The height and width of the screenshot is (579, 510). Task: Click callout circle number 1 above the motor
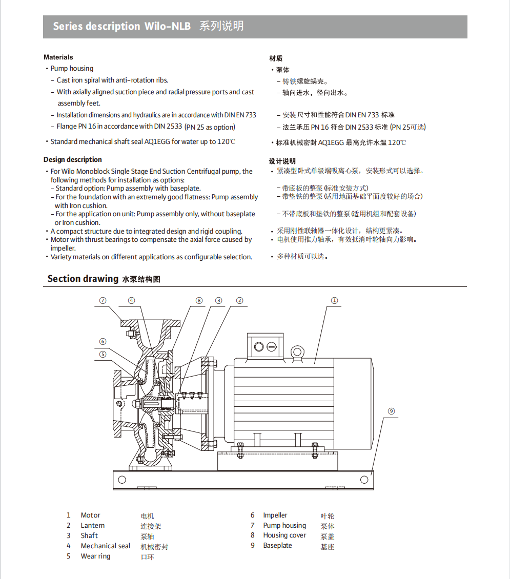coord(334,301)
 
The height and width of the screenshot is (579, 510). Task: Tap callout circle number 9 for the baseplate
coord(391,411)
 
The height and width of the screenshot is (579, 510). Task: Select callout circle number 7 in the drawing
coord(103,301)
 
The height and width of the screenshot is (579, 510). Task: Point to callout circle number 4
coord(131,301)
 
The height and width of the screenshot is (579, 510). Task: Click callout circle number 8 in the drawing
coord(199,301)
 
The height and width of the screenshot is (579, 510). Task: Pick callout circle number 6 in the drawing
coord(103,341)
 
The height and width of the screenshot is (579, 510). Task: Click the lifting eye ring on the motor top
coord(297,352)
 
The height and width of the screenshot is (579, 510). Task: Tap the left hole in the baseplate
coord(122,480)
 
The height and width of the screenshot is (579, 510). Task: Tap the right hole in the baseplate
coord(364,480)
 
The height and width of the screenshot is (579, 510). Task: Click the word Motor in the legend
coord(90,515)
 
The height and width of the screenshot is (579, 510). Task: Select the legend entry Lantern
coord(92,526)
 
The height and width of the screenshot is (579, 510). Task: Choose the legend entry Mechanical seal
coord(105,546)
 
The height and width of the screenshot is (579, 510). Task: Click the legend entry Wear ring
coord(95,556)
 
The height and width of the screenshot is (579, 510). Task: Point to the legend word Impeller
coord(275,515)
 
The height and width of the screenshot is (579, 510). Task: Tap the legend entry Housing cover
coord(284,535)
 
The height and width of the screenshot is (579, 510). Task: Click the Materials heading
coord(58,57)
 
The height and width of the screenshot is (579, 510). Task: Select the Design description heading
coord(72,160)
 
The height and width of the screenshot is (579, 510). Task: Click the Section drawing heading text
coord(83,279)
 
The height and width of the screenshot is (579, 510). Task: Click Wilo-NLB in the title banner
coord(168,27)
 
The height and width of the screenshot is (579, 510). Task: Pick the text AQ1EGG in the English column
coord(156,142)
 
